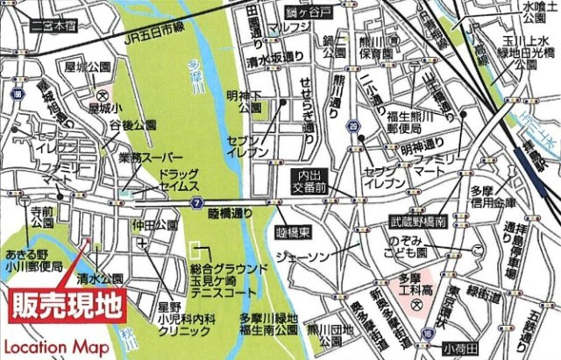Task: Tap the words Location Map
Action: (x=55, y=347)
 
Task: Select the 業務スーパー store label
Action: (x=124, y=158)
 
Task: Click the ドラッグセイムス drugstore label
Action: (x=178, y=180)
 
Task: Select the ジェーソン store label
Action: (x=300, y=256)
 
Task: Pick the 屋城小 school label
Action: (x=104, y=110)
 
